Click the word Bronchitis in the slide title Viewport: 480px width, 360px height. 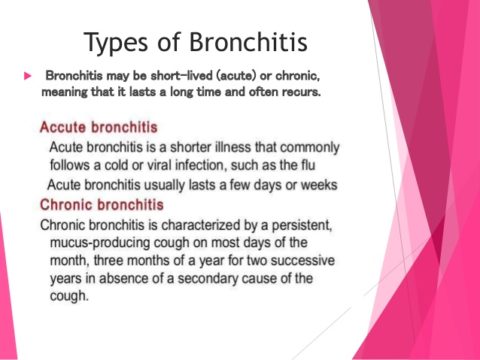click(x=241, y=42)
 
